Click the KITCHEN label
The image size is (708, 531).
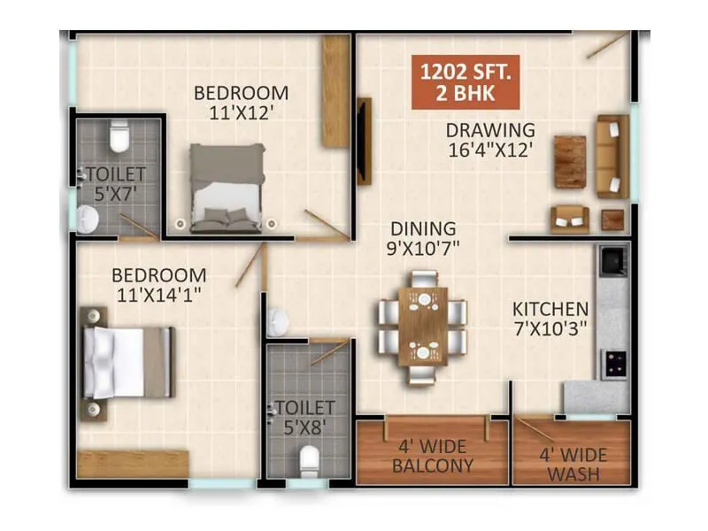coord(550,310)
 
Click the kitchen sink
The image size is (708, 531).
coord(612,260)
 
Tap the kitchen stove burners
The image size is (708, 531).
coord(613,361)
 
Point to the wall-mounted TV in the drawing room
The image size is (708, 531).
coord(363,141)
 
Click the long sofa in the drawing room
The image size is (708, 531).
coord(612,156)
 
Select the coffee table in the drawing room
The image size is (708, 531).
coord(570,161)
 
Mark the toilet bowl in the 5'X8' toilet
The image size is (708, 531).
coord(309,461)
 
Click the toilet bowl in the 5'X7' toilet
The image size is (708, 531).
coord(118,137)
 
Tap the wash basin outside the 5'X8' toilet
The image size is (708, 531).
coord(275,321)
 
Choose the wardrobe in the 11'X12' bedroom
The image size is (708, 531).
coord(336,91)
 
